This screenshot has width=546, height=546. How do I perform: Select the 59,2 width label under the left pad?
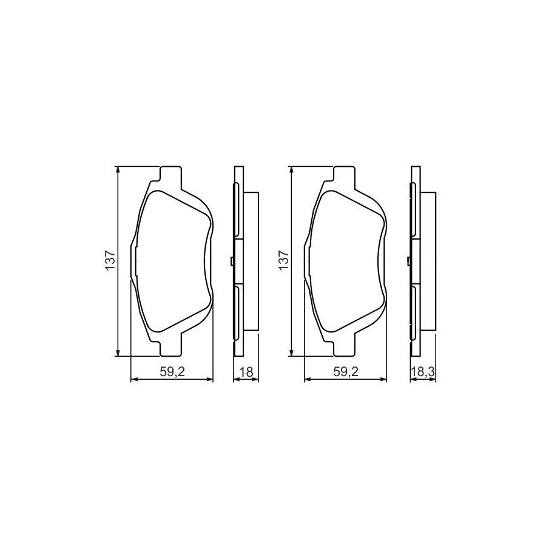[x=172, y=372]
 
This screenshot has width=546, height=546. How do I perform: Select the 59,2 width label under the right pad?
[x=345, y=372]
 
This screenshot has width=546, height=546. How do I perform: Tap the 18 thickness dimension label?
[x=246, y=372]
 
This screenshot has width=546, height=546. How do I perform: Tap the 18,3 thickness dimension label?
[x=423, y=372]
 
